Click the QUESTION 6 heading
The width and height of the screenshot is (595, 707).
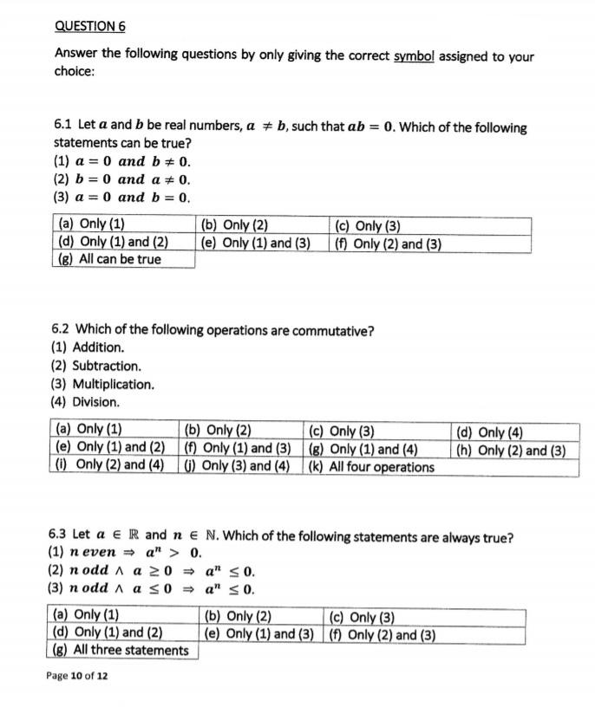tap(89, 27)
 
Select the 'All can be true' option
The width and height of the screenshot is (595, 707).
tap(109, 259)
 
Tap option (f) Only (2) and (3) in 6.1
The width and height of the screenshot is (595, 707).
tap(389, 243)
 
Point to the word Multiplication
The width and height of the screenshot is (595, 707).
tap(113, 384)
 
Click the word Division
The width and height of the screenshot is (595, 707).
tap(95, 402)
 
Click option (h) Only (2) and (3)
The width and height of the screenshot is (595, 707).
tap(512, 450)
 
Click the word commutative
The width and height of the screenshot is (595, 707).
tap(330, 330)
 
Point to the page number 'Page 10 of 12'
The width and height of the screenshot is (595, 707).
tap(77, 675)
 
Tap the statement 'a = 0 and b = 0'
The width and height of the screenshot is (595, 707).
tap(121, 197)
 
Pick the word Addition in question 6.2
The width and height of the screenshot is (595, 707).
tap(98, 347)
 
